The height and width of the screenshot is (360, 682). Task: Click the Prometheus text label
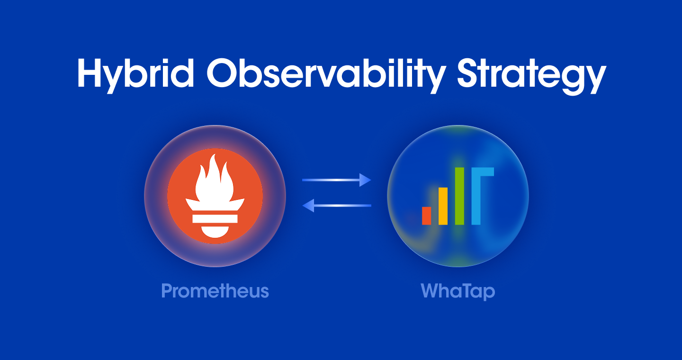tap(215, 291)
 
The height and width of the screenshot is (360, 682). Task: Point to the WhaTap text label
tap(458, 291)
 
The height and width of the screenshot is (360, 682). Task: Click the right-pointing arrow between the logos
tap(336, 180)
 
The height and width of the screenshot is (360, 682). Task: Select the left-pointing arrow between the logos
tap(336, 206)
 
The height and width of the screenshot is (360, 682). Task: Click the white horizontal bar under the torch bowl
tap(215, 218)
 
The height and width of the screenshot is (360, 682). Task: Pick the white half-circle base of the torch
tap(215, 231)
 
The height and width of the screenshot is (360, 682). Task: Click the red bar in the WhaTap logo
tap(427, 216)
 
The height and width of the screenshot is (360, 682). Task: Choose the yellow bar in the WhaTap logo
tap(443, 206)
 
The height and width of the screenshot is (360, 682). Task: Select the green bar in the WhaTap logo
tap(459, 196)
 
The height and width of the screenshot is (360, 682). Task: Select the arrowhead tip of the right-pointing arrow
tap(371, 180)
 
